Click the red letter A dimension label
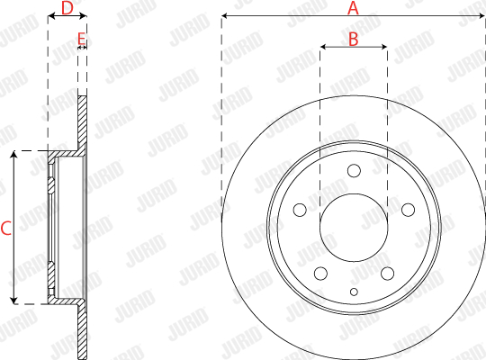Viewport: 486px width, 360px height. coord(353,8)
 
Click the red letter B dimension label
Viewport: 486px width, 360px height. coord(354,40)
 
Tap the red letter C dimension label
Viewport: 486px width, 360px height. coord(6,229)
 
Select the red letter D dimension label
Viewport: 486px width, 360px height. coord(67,8)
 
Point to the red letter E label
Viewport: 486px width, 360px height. coord(81,39)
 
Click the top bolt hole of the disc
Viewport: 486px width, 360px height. coord(354,170)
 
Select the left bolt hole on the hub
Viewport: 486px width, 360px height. coord(300,210)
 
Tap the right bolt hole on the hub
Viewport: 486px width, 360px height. coord(409,210)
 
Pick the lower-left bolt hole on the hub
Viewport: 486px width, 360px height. coord(320,274)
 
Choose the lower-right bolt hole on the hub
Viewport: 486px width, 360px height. coord(387,274)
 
